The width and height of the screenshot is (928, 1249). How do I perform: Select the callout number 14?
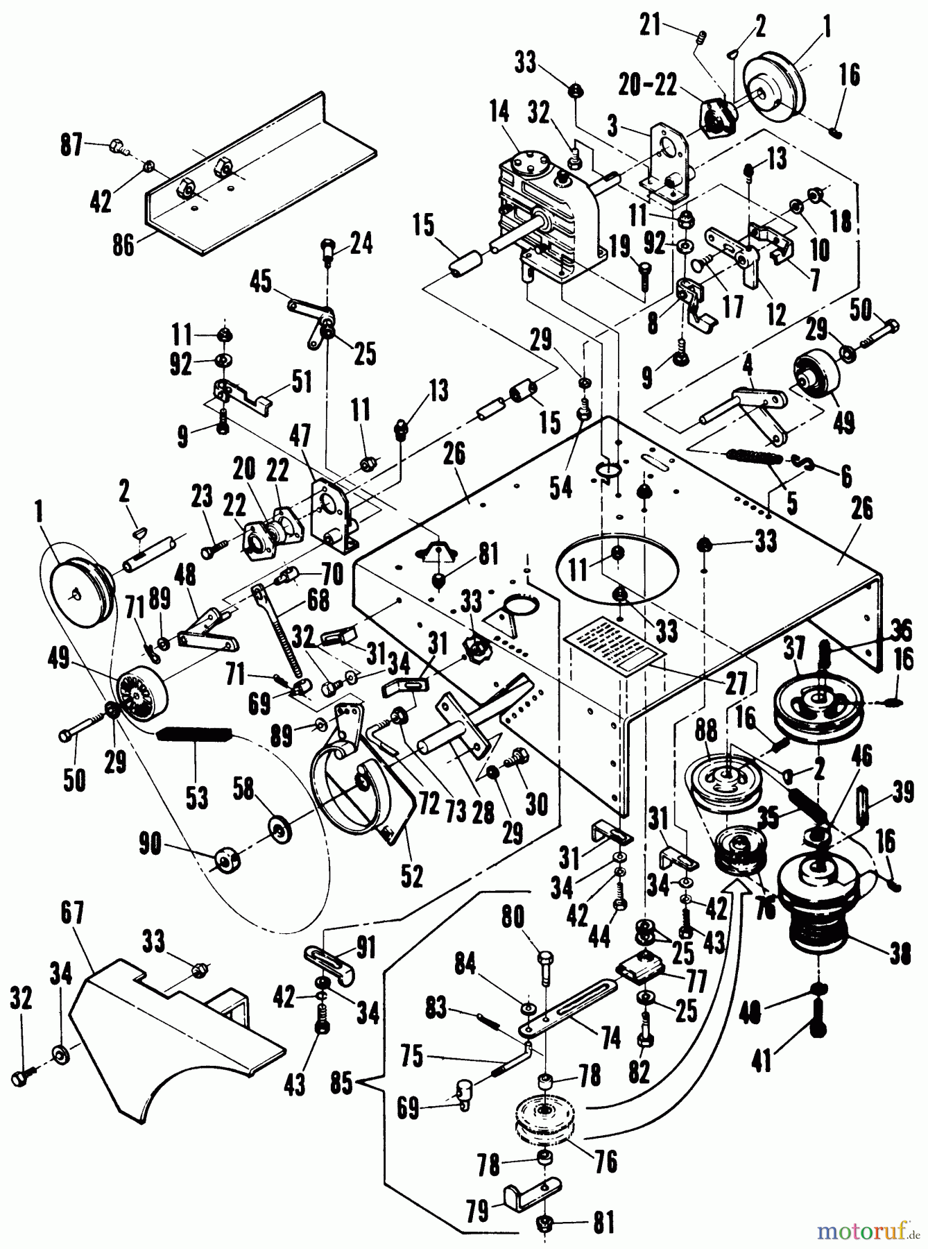(x=498, y=112)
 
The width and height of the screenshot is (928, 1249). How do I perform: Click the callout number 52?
(x=412, y=876)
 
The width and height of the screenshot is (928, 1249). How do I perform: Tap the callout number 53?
(x=196, y=796)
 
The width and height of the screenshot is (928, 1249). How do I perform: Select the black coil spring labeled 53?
(x=196, y=733)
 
